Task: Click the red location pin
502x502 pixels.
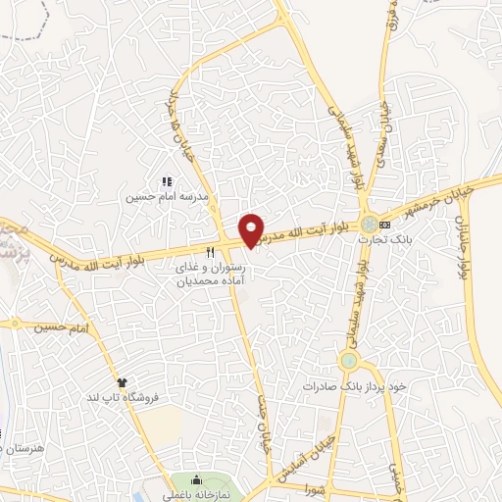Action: (252, 230)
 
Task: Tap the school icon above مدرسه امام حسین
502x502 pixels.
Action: (166, 182)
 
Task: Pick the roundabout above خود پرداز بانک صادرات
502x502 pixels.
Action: (348, 361)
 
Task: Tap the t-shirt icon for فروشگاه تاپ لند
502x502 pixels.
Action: (123, 381)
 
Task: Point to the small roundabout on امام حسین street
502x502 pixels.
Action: (15, 323)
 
